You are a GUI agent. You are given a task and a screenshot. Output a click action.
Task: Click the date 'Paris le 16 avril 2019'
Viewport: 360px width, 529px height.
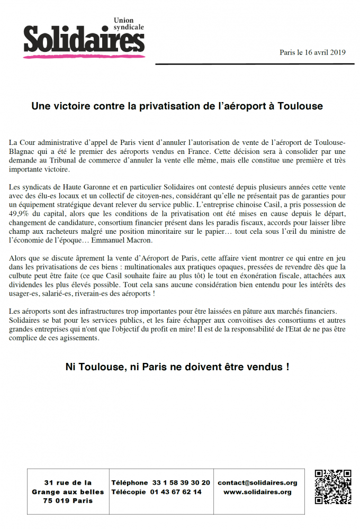coord(312,52)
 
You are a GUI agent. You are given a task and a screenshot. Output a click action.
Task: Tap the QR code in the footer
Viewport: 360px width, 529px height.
coord(333,487)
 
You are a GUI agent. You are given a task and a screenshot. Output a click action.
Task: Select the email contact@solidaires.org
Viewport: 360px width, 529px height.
coord(257,482)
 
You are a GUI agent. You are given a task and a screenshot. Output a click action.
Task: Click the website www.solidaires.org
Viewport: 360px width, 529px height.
coord(257,492)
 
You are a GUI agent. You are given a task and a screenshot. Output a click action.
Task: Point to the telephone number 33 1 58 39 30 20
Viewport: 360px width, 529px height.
coord(181,482)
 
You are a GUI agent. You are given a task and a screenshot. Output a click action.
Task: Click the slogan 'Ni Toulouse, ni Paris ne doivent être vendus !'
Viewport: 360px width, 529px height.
coord(177,367)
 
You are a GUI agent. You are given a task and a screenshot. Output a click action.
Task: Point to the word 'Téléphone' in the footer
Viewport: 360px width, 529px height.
coord(130,482)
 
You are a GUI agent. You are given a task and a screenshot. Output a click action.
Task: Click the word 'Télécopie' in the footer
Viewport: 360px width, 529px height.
coord(129,492)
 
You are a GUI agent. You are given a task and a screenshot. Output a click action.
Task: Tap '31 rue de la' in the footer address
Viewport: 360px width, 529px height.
coord(68,482)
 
